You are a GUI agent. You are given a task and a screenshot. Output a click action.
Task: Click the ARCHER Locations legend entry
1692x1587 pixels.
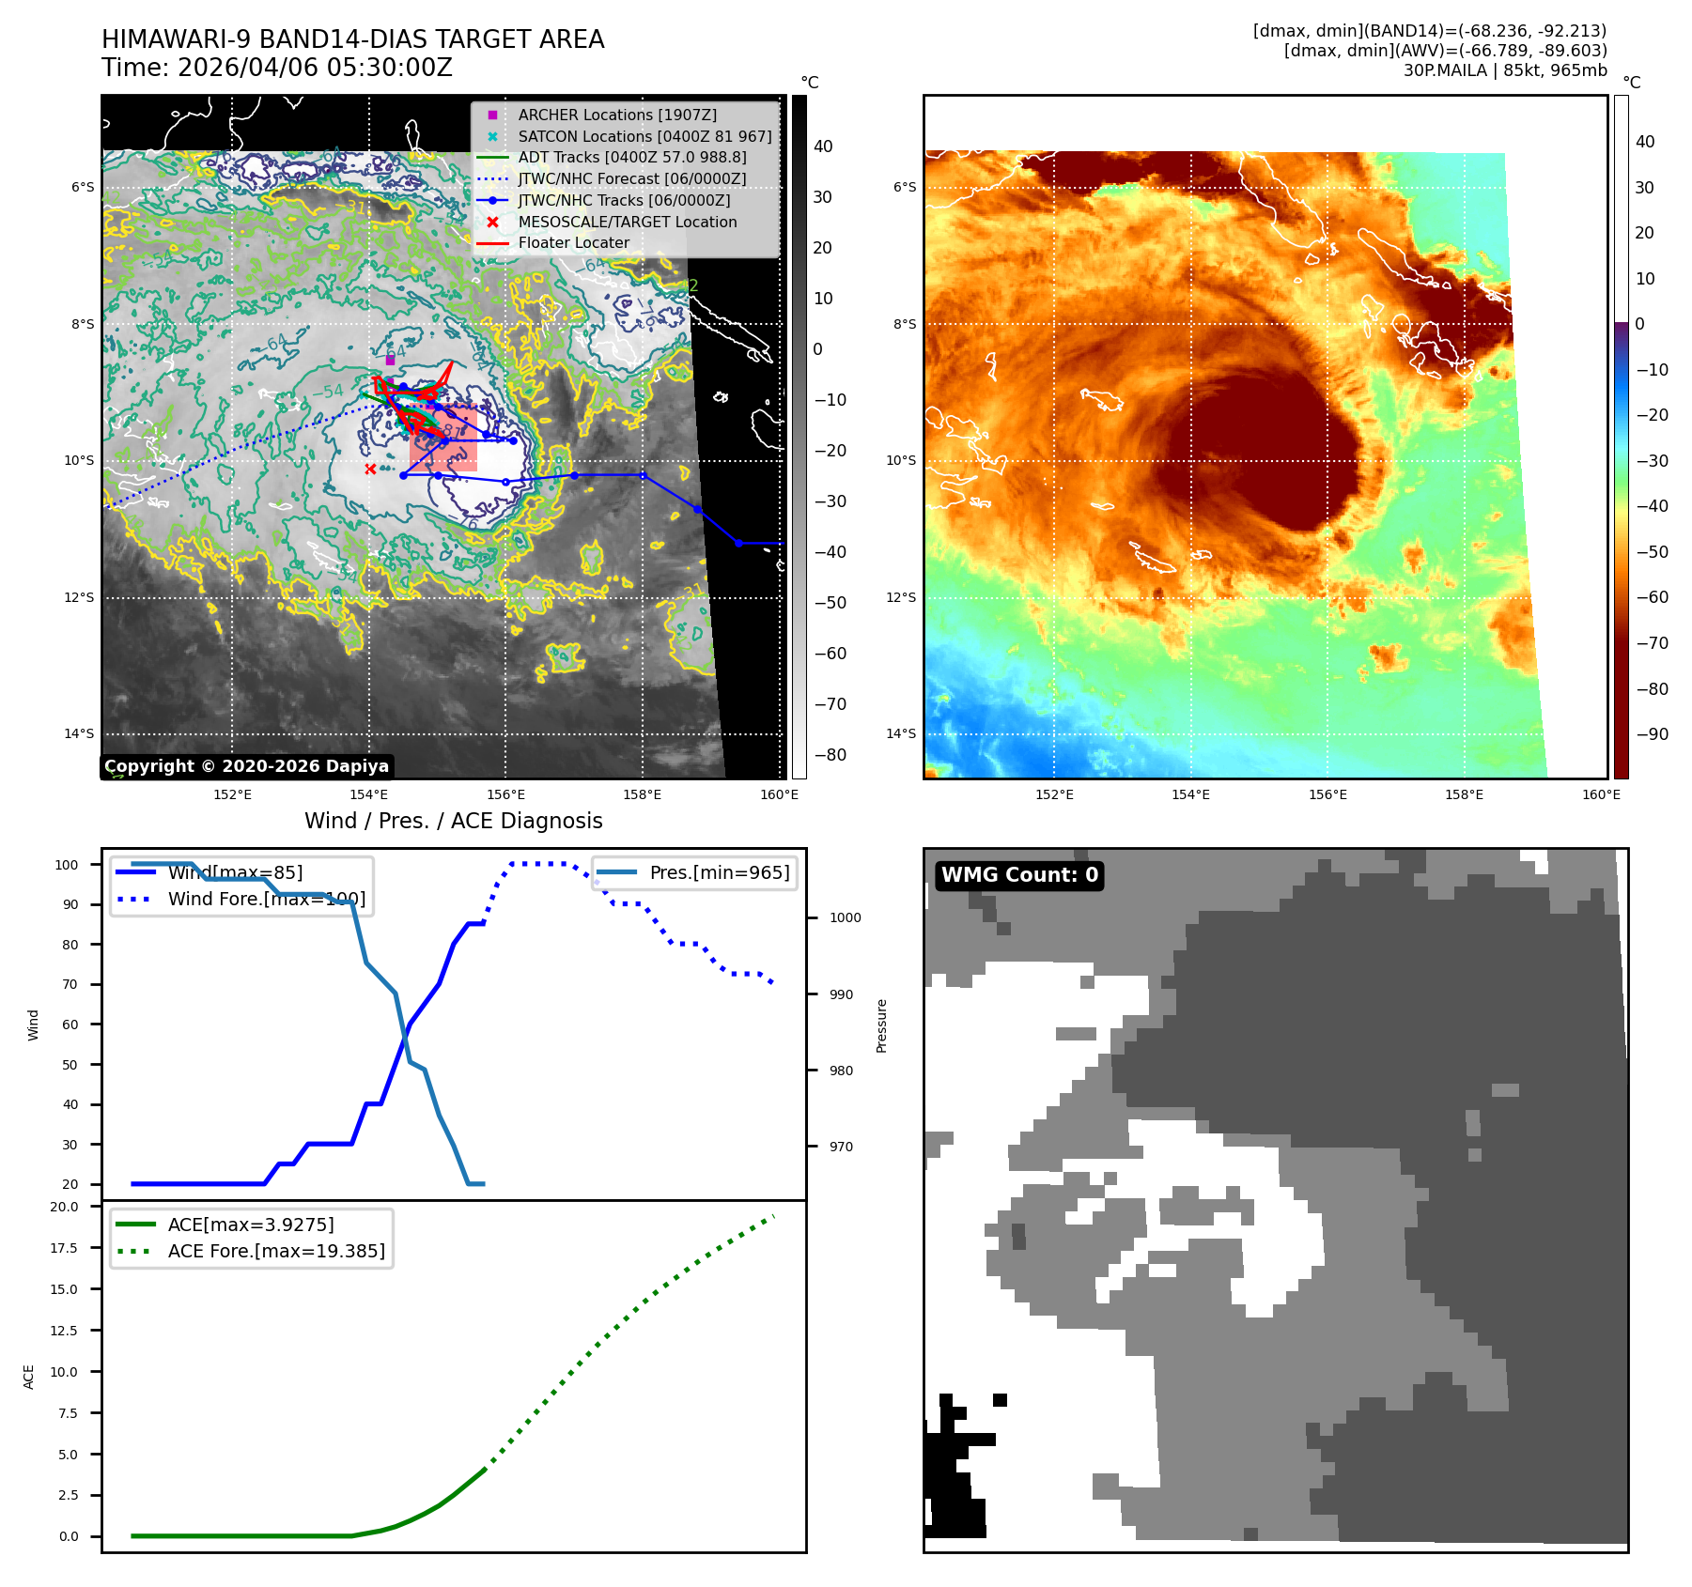(x=616, y=115)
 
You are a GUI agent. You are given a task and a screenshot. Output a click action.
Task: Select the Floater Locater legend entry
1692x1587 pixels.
(x=573, y=243)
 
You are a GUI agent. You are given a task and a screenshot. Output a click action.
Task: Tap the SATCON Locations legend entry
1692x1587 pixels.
(x=644, y=136)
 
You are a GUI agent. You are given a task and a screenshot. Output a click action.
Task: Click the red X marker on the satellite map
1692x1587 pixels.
(x=370, y=469)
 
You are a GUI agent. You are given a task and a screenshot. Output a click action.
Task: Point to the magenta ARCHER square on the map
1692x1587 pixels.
(x=390, y=361)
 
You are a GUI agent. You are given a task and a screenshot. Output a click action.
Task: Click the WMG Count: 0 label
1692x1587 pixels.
(x=1019, y=875)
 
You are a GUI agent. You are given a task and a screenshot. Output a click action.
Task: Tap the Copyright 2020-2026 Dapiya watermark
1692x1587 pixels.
(x=246, y=766)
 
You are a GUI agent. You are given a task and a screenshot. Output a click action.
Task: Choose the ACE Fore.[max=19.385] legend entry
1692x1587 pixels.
(x=275, y=1251)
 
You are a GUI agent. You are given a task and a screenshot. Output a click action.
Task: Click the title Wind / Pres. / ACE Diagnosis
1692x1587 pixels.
(x=453, y=821)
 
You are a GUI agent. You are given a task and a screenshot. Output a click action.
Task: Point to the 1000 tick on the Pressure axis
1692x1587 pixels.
(x=845, y=918)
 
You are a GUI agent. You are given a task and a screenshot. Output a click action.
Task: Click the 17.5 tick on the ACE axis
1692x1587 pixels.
(x=64, y=1248)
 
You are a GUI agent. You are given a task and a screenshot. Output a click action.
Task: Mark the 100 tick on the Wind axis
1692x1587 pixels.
(x=67, y=865)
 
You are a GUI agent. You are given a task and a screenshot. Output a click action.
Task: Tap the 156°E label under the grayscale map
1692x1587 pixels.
(x=505, y=795)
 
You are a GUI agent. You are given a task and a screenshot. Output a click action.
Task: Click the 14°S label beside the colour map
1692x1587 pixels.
(x=901, y=734)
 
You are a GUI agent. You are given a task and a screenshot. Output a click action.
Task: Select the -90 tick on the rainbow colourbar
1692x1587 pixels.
(x=1652, y=734)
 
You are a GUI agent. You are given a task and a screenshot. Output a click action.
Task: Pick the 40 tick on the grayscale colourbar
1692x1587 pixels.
(x=823, y=146)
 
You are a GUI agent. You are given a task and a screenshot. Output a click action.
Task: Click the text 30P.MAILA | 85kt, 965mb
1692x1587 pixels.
(x=1505, y=70)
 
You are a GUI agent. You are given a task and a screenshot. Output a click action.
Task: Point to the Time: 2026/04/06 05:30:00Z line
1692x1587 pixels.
(x=277, y=69)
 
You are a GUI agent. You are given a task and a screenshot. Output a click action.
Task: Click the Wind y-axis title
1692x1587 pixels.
(x=34, y=1025)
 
